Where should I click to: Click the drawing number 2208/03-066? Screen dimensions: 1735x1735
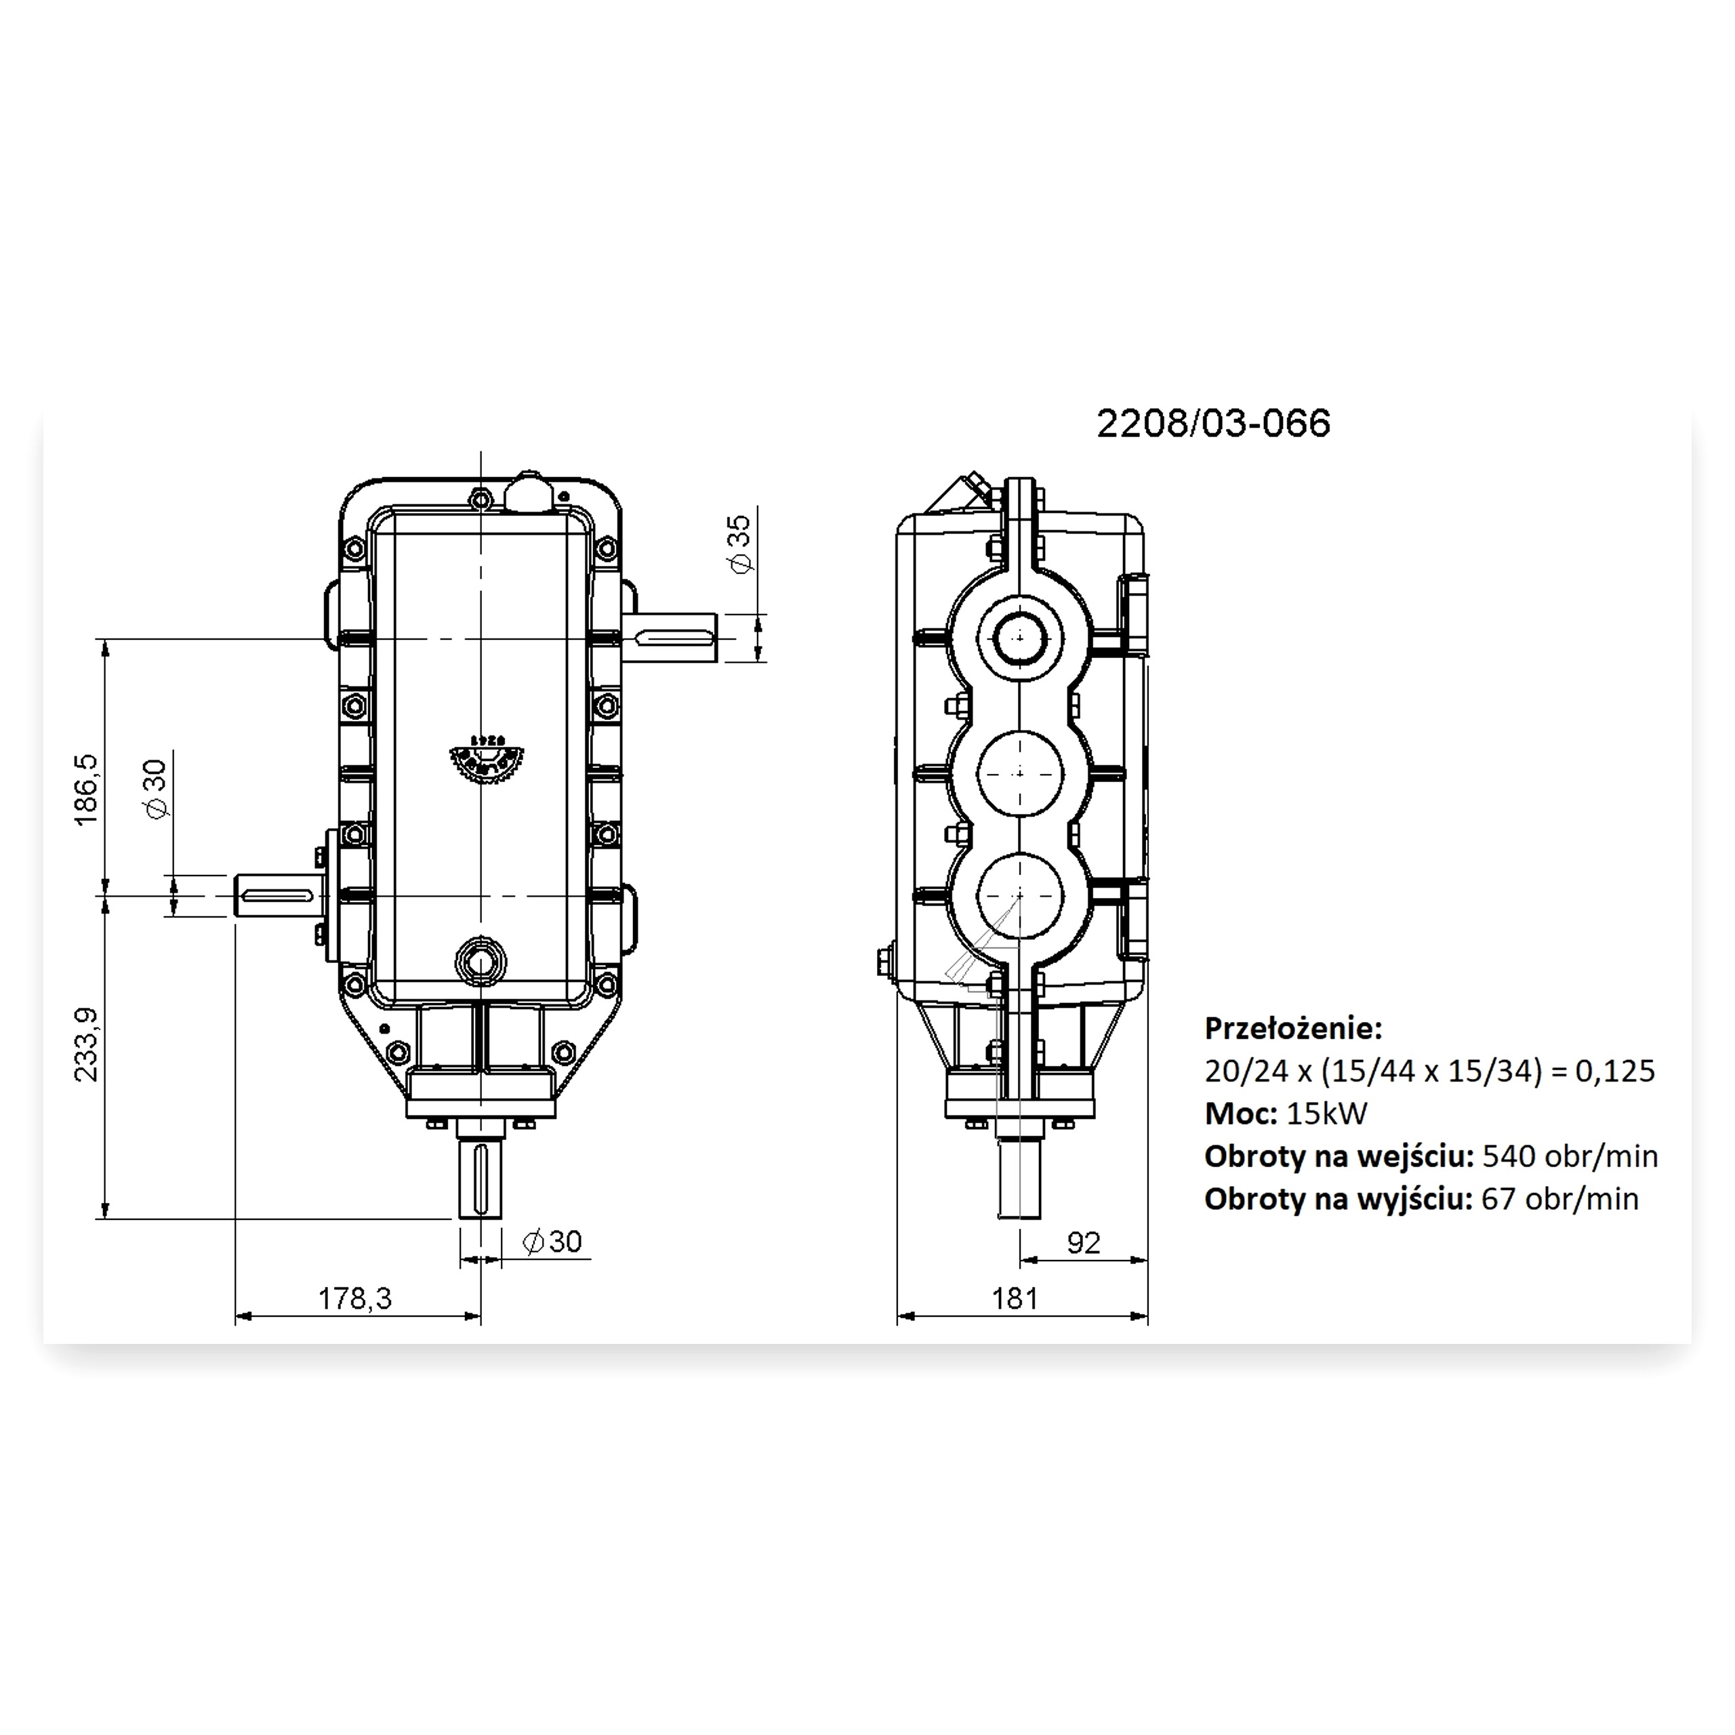tap(1213, 423)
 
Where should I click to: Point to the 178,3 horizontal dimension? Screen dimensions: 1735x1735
tap(356, 1298)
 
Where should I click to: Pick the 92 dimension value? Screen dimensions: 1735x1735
tap(1084, 1242)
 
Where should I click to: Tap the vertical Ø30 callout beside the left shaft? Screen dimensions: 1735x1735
tap(155, 788)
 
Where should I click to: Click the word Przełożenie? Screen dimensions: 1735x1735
tap(1293, 1027)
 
